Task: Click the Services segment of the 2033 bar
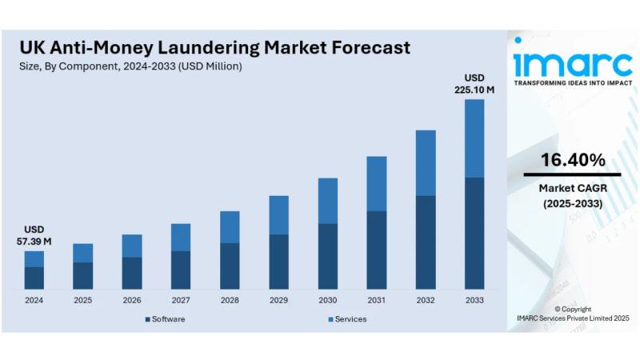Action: pyautogui.click(x=474, y=138)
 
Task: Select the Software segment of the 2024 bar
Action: pyautogui.click(x=34, y=278)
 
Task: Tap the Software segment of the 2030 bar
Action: pyautogui.click(x=328, y=256)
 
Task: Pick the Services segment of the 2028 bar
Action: pyautogui.click(x=230, y=226)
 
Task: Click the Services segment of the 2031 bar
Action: pyautogui.click(x=377, y=183)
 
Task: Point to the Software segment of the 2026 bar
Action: pyautogui.click(x=132, y=273)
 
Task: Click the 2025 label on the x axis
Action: pyautogui.click(x=82, y=301)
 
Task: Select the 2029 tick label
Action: pyautogui.click(x=278, y=301)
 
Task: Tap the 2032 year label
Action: pyautogui.click(x=426, y=301)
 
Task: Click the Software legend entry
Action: pyautogui.click(x=165, y=319)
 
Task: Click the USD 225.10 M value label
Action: pyautogui.click(x=474, y=83)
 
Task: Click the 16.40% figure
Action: pyautogui.click(x=572, y=160)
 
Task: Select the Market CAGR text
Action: pyautogui.click(x=572, y=188)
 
